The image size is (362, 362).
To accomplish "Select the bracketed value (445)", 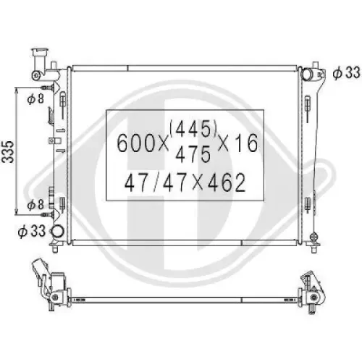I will [x=193, y=129].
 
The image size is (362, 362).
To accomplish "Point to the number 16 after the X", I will [x=243, y=143].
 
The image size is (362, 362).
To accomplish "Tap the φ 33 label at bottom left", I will [x=32, y=232].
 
